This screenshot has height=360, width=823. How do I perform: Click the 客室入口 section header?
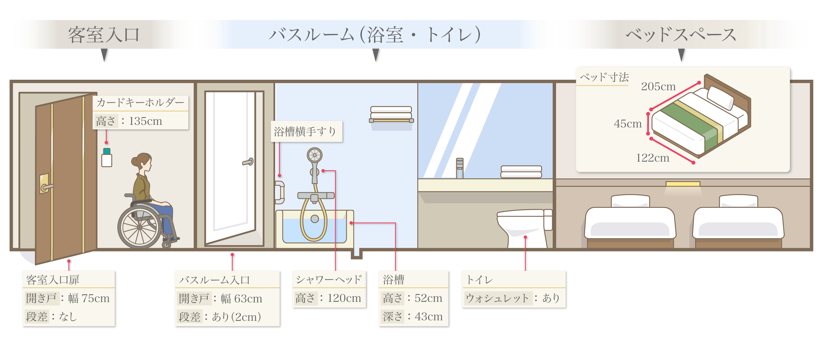[x=104, y=34]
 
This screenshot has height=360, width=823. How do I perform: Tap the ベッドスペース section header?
[x=681, y=34]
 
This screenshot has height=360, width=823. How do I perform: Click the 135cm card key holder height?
[x=145, y=121]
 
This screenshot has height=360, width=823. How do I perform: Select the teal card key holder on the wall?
[x=107, y=151]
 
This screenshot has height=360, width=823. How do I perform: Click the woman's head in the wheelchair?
[x=144, y=162]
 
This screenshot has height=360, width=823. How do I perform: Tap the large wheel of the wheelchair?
[x=140, y=227]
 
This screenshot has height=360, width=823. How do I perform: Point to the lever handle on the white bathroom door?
[x=248, y=162]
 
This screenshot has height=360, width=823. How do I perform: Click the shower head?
[x=315, y=156]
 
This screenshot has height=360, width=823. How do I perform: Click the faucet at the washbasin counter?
[x=459, y=168]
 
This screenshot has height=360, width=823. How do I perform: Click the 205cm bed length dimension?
[x=658, y=86]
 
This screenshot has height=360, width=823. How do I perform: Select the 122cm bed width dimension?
[x=652, y=158]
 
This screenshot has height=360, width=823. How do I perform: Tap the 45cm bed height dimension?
[x=627, y=124]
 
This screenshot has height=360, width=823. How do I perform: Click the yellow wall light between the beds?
[x=683, y=184]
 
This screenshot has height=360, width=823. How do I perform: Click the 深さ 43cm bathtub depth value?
[x=428, y=317]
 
